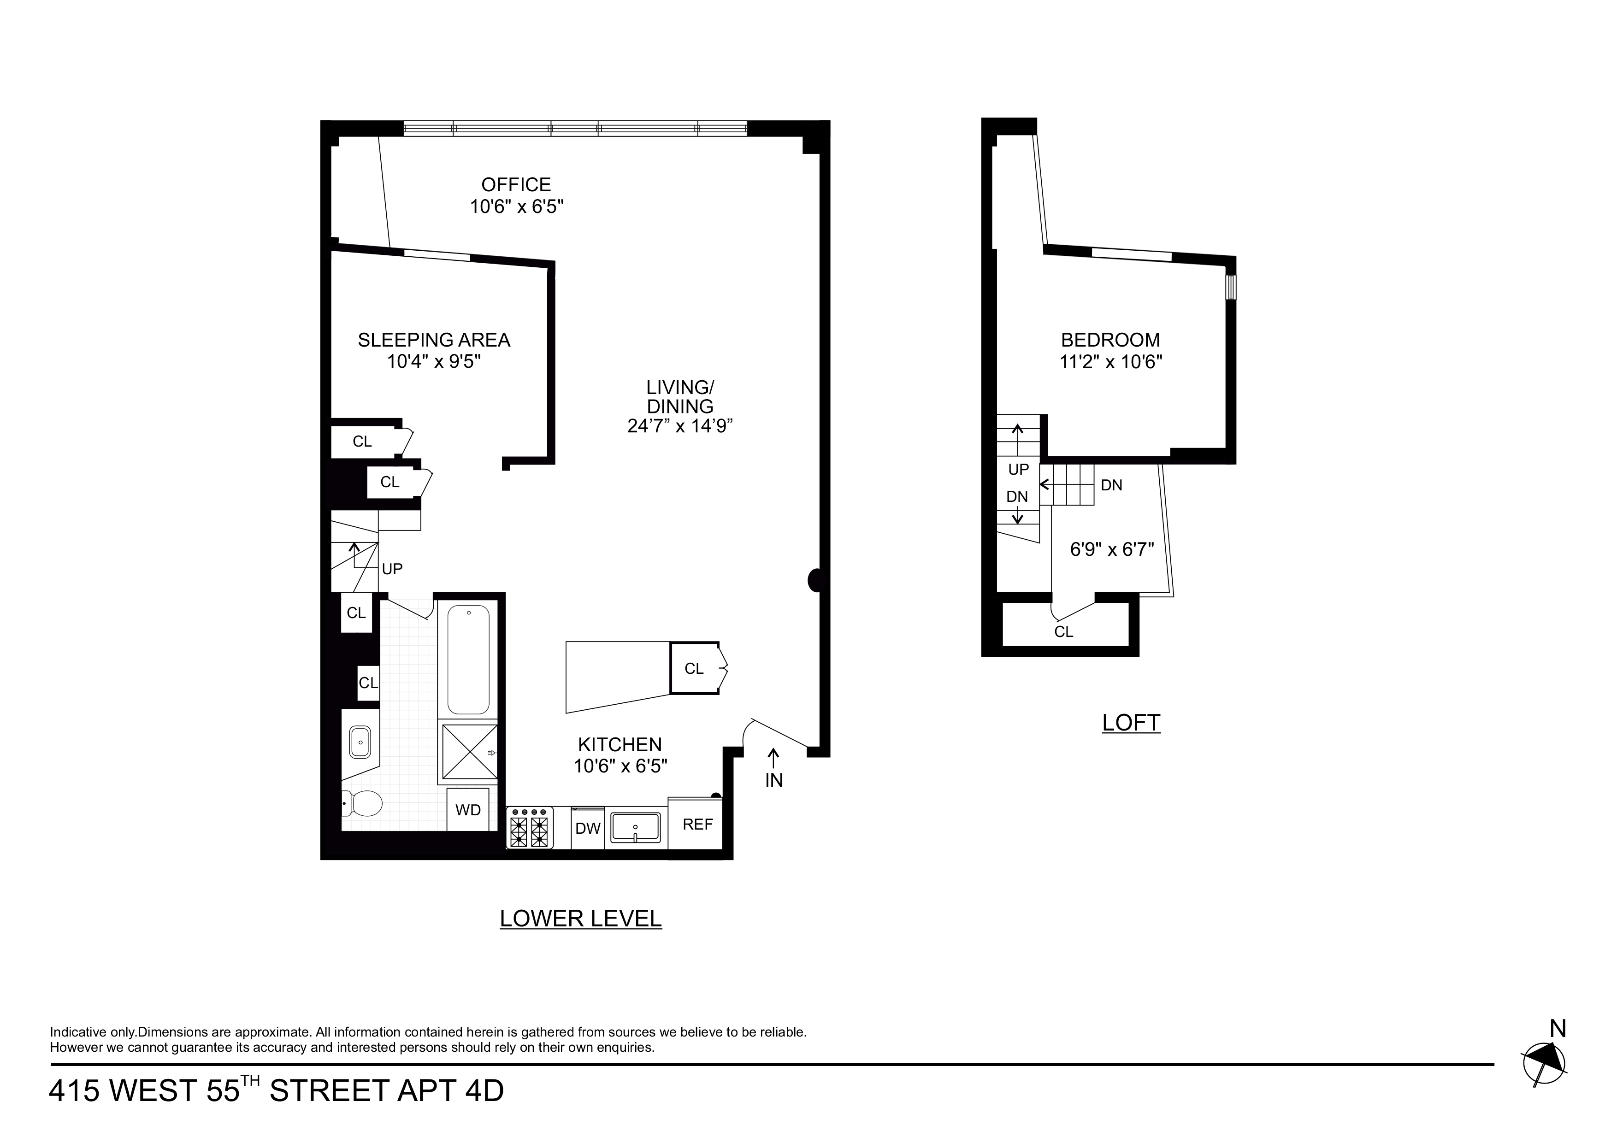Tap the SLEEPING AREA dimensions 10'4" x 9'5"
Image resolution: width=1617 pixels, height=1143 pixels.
(x=434, y=362)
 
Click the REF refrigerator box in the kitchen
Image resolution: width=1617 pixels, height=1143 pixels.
(x=697, y=824)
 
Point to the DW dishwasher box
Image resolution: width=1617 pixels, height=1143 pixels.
(x=587, y=828)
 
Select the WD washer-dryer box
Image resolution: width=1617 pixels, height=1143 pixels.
(x=468, y=810)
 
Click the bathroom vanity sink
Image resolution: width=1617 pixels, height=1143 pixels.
(x=360, y=742)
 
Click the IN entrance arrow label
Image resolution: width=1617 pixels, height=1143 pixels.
(x=773, y=780)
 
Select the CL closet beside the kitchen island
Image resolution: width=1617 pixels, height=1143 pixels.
(x=694, y=668)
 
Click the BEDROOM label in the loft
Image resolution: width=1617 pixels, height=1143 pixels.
(x=1110, y=340)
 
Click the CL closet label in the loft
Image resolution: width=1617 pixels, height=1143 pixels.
(x=1063, y=632)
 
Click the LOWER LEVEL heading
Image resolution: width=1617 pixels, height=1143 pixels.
(x=580, y=919)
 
